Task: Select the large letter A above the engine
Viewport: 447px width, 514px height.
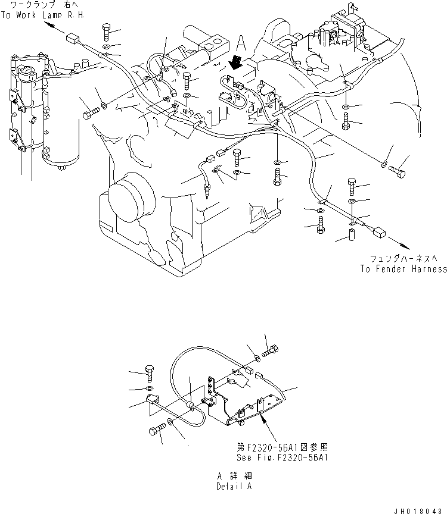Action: click(240, 42)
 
